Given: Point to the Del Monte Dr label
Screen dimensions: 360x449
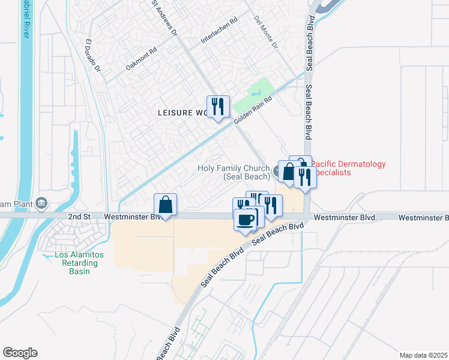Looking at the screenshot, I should click(x=267, y=31).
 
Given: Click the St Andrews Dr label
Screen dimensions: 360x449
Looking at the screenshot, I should click(x=164, y=18).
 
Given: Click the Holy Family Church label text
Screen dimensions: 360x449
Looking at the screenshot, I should click(x=234, y=173).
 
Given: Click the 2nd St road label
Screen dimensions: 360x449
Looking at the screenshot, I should click(x=78, y=216).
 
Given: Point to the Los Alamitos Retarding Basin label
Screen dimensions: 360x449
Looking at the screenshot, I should click(x=79, y=263).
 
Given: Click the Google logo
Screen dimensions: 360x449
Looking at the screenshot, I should click(x=20, y=353).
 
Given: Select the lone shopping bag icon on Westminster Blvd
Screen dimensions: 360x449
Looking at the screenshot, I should click(x=165, y=204).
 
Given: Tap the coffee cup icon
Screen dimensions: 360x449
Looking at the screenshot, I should click(x=246, y=219).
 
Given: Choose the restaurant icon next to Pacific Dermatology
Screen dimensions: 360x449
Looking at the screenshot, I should click(x=304, y=177).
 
